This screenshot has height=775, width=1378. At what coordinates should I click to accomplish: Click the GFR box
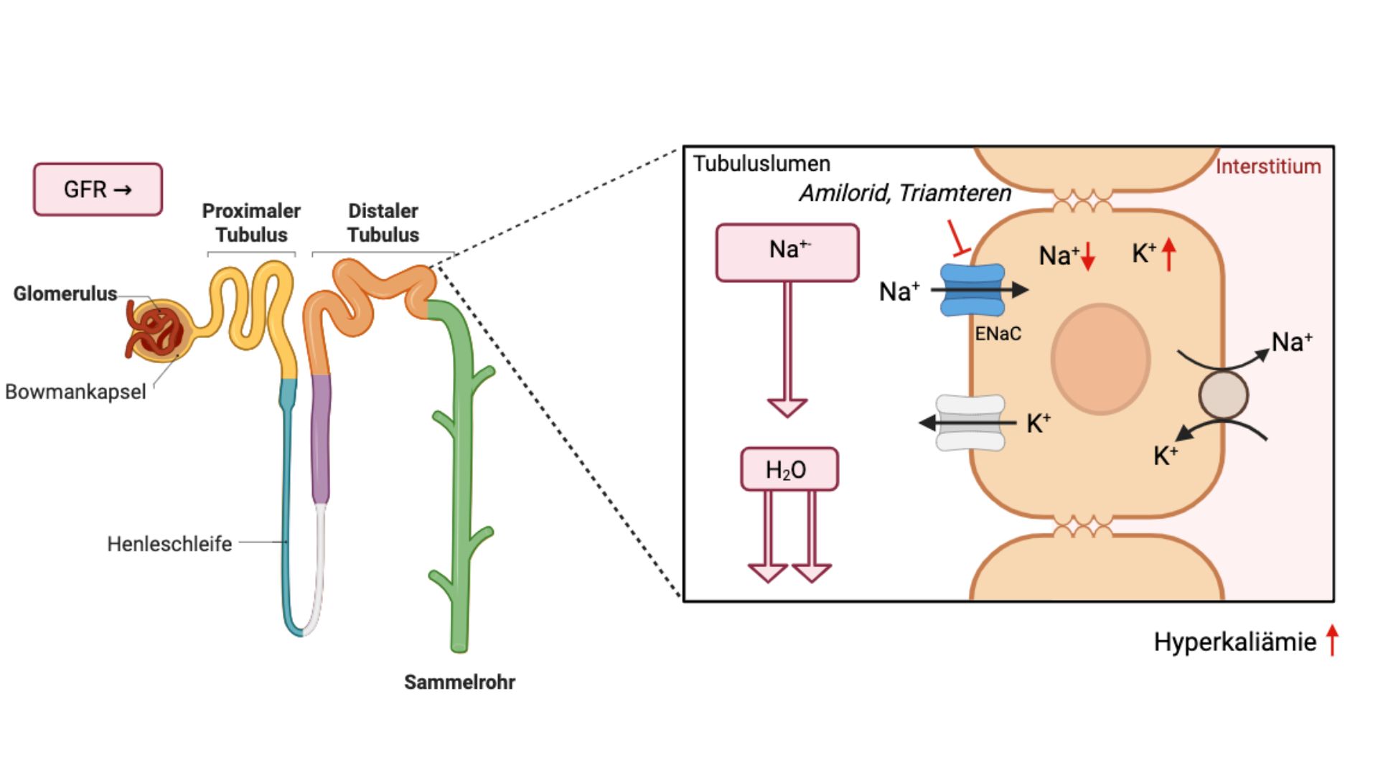(x=98, y=189)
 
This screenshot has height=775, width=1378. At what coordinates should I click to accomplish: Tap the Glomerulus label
(x=65, y=293)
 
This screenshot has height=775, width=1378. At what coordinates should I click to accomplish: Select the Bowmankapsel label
(x=75, y=392)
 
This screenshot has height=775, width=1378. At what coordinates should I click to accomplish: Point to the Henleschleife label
(x=169, y=544)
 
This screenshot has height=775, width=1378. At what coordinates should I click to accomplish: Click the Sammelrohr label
(x=459, y=682)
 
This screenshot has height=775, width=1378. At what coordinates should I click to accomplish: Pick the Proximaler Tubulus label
(x=251, y=222)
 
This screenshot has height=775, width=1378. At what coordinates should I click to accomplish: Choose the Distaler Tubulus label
(x=383, y=222)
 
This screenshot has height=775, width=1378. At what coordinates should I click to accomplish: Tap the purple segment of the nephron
(x=321, y=438)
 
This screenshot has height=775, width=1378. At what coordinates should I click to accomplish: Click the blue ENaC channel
(x=972, y=290)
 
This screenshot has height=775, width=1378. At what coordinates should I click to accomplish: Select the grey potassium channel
(x=970, y=423)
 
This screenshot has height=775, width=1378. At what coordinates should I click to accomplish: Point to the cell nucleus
(x=1100, y=359)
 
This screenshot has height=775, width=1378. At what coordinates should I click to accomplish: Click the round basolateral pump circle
(x=1223, y=395)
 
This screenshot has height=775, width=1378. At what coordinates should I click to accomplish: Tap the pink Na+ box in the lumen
(x=787, y=252)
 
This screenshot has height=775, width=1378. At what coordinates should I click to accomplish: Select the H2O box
(x=789, y=469)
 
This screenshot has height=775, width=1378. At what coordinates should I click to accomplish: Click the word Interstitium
(x=1267, y=166)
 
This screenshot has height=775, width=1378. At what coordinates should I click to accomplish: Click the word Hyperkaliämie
(x=1234, y=642)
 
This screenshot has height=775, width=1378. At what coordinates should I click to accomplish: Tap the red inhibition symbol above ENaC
(x=957, y=239)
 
